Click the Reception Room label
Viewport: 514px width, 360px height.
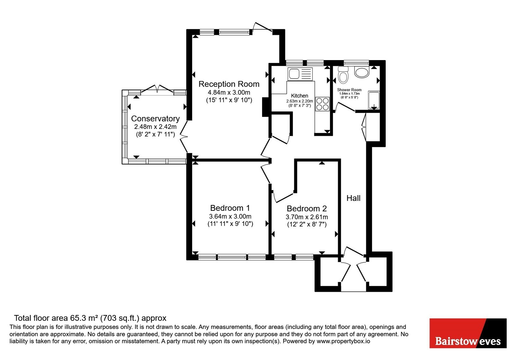click(x=229, y=84)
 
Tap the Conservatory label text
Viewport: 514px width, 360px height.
click(x=155, y=119)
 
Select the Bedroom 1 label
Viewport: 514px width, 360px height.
click(x=230, y=208)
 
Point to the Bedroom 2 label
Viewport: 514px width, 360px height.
click(x=307, y=209)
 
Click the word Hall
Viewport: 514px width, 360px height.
click(x=353, y=198)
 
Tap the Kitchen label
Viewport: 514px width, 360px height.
click(x=299, y=96)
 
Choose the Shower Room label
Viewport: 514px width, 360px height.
click(x=349, y=90)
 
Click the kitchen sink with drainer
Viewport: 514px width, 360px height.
click(x=300, y=74)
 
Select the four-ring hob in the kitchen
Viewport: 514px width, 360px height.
click(x=323, y=104)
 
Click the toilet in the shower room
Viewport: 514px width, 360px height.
click(x=343, y=75)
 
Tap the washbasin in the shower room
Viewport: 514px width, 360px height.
click(x=362, y=72)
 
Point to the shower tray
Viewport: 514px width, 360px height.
click(x=374, y=100)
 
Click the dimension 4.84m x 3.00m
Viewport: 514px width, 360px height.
click(x=229, y=93)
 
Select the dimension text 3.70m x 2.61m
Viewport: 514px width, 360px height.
click(x=307, y=217)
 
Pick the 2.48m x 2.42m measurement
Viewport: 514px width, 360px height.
click(x=155, y=127)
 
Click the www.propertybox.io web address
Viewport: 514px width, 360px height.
click(x=343, y=341)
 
